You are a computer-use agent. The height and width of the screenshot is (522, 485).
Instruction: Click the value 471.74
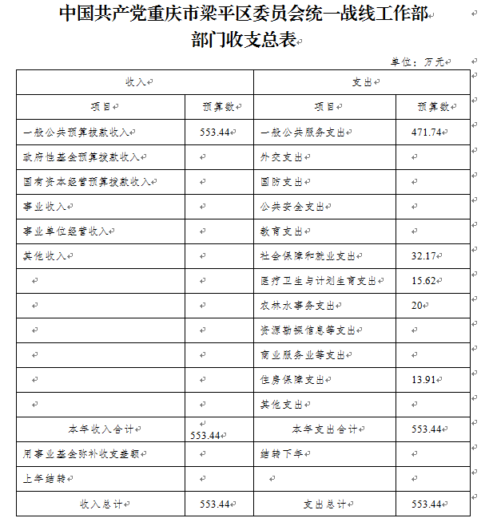[x=425, y=132]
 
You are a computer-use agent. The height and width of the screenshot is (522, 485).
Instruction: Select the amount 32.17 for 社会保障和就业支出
[x=425, y=256]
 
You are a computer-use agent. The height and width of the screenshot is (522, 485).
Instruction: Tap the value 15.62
[x=425, y=281]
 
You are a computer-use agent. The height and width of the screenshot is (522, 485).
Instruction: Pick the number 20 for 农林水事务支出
[x=416, y=306]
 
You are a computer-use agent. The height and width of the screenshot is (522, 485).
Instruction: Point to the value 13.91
[x=425, y=380]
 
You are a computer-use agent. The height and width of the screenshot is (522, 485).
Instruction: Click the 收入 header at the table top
[x=135, y=82]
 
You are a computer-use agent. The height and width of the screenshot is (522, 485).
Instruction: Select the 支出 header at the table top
[x=362, y=82]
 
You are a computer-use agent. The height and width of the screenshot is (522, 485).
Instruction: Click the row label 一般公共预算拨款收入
[x=78, y=132]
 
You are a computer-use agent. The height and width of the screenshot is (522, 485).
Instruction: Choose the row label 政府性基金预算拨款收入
[x=83, y=157]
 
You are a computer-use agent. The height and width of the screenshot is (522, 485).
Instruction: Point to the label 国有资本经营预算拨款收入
[x=88, y=182]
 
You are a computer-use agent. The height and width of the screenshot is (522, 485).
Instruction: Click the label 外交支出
[x=281, y=157]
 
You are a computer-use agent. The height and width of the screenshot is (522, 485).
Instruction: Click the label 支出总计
[x=324, y=504]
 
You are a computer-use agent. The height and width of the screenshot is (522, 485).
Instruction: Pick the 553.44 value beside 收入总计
[x=215, y=504]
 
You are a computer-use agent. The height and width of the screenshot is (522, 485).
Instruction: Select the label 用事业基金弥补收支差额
[x=83, y=454]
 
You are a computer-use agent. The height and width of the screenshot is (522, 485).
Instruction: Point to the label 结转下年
[x=281, y=454]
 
